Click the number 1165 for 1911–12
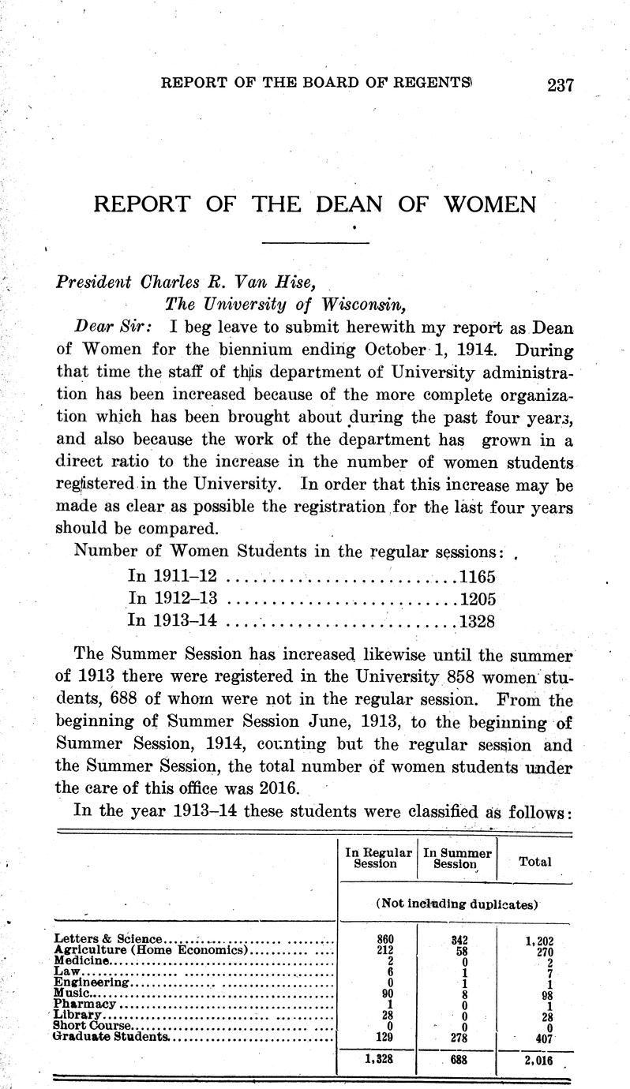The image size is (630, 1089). (x=478, y=577)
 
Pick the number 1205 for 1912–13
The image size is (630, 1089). (x=478, y=598)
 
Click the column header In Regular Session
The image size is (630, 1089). (x=377, y=858)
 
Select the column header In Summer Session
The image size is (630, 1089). (x=457, y=858)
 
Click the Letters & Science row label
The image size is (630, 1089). (x=107, y=938)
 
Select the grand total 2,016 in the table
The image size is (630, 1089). (x=538, y=1061)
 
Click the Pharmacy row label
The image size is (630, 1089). (x=85, y=1005)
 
